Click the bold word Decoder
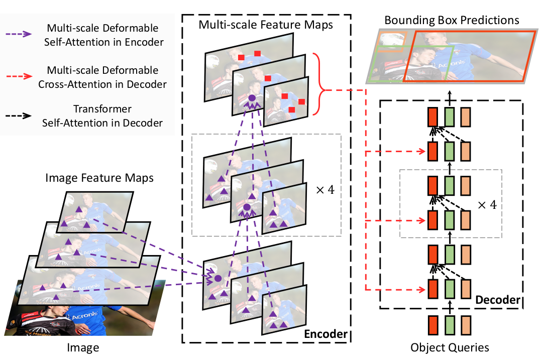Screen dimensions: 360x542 click(498, 300)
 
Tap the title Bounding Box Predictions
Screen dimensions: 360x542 click(452, 21)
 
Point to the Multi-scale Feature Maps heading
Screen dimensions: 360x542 click(266, 25)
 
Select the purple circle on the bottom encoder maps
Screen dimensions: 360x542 click(218, 278)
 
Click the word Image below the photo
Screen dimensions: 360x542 click(83, 347)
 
